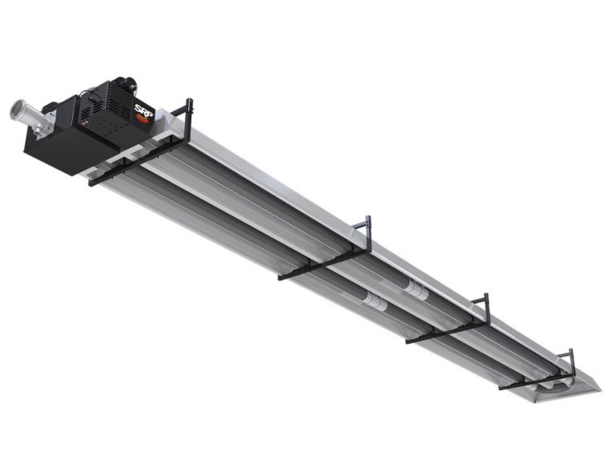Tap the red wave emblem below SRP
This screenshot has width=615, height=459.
point(142,120)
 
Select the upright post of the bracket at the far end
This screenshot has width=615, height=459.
point(571,361)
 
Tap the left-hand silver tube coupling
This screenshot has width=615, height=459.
point(373,300)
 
